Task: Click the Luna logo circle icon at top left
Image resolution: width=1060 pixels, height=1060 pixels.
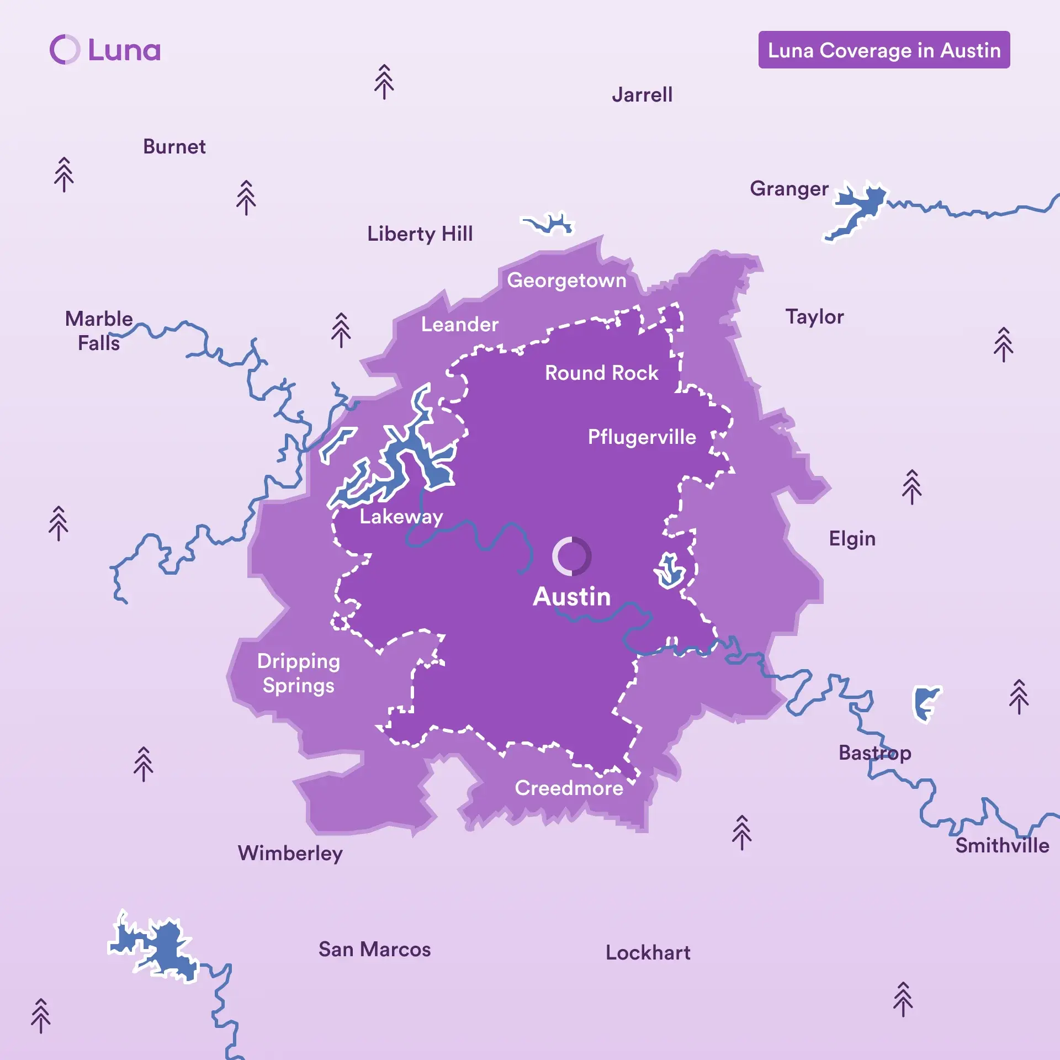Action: tap(65, 50)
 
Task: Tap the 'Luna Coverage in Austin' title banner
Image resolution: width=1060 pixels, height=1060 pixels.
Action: tap(884, 50)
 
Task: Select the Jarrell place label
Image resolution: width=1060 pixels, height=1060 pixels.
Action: tap(642, 95)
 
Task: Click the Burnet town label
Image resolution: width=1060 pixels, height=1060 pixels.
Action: tap(174, 147)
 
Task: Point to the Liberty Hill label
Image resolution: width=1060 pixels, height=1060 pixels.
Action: tap(420, 234)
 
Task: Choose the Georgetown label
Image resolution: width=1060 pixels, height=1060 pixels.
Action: tap(566, 280)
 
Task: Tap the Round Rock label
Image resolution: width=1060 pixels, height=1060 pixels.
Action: tap(601, 373)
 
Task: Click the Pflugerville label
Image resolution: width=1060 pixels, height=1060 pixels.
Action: tap(642, 437)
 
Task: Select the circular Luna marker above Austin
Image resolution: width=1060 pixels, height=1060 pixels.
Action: tap(571, 556)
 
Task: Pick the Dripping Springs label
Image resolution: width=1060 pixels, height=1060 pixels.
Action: tap(298, 673)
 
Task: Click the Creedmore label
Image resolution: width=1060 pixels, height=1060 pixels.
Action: tap(569, 788)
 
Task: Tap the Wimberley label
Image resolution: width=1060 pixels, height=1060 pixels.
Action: tap(290, 854)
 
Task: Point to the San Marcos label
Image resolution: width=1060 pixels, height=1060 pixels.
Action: tap(374, 950)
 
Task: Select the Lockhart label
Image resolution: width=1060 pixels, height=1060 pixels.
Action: tap(648, 953)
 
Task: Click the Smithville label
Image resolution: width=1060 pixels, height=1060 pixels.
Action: tap(1001, 846)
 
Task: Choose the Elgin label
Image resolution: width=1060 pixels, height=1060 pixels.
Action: tap(852, 539)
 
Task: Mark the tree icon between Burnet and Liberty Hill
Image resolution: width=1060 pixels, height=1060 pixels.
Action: tap(246, 198)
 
